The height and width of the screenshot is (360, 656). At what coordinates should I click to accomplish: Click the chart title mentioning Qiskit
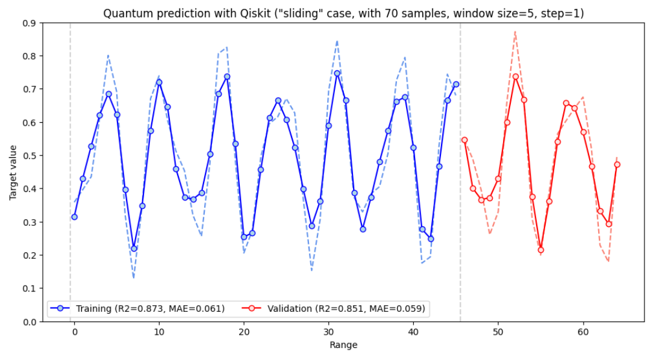click(343, 13)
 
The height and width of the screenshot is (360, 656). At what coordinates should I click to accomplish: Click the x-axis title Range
click(343, 345)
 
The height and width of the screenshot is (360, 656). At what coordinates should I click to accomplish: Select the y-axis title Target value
click(13, 172)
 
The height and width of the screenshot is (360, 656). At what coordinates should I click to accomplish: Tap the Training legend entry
click(139, 309)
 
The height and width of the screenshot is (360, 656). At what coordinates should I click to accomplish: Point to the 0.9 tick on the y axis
click(31, 23)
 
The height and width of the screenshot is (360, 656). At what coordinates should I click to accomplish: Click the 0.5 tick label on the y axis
click(31, 156)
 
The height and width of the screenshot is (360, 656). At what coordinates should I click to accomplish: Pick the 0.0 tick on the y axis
click(31, 322)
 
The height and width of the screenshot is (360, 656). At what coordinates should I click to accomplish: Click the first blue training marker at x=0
click(74, 217)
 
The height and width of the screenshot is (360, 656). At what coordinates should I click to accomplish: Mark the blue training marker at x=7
click(134, 249)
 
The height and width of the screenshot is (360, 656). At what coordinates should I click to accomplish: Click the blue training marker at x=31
click(337, 73)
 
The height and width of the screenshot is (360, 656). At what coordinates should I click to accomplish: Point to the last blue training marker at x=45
click(456, 84)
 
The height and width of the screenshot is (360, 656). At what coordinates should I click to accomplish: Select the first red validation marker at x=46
click(464, 140)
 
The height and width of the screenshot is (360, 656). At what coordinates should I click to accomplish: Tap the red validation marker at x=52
click(515, 76)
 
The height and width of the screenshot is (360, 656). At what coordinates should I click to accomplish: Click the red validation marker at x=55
click(541, 250)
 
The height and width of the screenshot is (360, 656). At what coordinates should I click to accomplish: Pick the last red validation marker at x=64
click(617, 164)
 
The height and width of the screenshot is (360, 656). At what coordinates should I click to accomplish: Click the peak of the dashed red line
click(515, 31)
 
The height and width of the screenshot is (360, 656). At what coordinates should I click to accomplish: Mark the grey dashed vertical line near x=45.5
click(460, 181)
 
